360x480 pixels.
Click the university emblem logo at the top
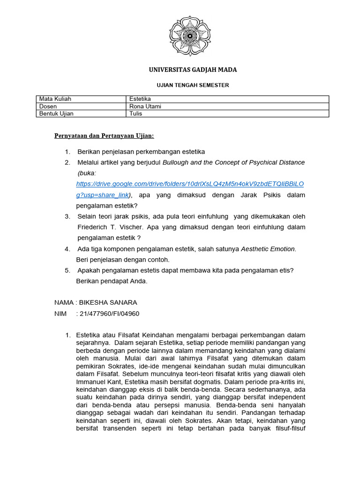click(x=190, y=35)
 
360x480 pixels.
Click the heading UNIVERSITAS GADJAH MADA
click(x=193, y=70)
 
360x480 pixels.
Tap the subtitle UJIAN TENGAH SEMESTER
click(x=192, y=85)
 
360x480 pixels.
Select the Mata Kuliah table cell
click(x=55, y=99)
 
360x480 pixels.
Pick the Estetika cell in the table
click(x=140, y=99)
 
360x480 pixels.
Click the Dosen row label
click(x=48, y=106)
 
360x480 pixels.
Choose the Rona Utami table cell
click(x=145, y=106)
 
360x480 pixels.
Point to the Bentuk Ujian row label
click(x=56, y=113)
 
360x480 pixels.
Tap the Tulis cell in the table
click(x=136, y=113)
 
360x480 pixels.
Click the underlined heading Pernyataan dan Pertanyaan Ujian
click(x=104, y=136)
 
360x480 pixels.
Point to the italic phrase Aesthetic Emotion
click(x=268, y=248)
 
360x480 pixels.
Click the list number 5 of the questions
click(x=67, y=270)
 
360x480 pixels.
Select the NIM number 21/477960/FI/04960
click(x=109, y=314)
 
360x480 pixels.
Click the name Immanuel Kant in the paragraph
click(x=97, y=382)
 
